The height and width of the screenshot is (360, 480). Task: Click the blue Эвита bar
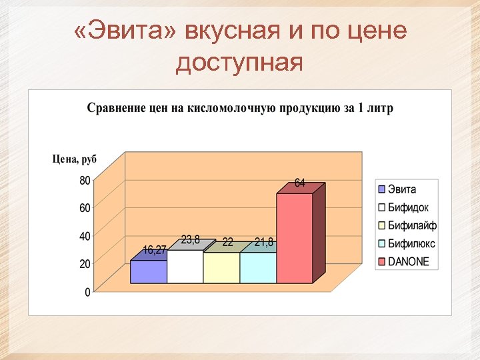[148, 271]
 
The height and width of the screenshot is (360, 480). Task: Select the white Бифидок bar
[185, 267]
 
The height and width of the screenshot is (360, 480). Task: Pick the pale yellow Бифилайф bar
[221, 268]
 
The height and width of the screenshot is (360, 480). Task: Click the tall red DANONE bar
[295, 238]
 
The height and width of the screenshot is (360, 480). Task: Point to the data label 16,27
[155, 250]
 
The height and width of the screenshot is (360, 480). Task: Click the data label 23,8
[191, 240]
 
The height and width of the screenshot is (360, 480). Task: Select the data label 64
[300, 183]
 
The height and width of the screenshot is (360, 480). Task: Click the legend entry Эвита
[402, 189]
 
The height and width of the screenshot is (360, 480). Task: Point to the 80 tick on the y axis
[85, 180]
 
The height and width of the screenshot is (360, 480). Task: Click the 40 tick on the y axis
[85, 236]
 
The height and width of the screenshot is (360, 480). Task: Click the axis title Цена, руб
[75, 159]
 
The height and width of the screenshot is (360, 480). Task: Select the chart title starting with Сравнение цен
[240, 108]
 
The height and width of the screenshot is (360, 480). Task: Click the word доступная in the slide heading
[239, 63]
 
